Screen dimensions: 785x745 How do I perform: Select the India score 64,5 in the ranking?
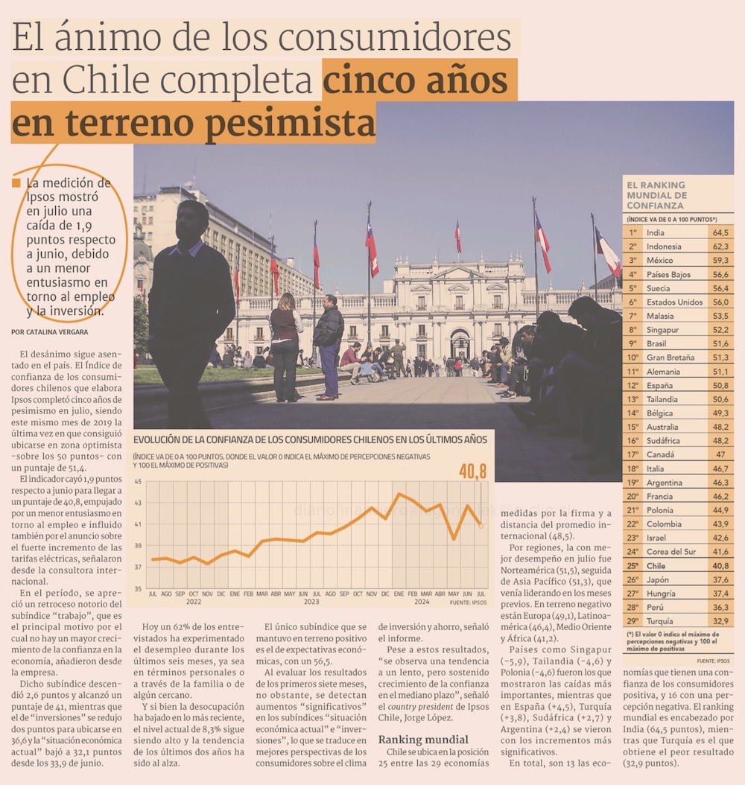pyautogui.click(x=720, y=232)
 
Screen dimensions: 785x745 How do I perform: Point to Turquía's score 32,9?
pyautogui.click(x=720, y=621)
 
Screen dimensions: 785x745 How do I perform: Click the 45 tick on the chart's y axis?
pyautogui.click(x=138, y=481)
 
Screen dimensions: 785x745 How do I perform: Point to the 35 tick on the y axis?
pyautogui.click(x=138, y=588)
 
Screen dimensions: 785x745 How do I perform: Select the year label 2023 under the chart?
pyautogui.click(x=311, y=602)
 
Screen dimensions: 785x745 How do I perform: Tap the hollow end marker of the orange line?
pyautogui.click(x=481, y=526)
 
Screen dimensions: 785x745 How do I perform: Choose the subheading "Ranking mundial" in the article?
pyautogui.click(x=423, y=740)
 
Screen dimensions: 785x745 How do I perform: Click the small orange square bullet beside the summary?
pyautogui.click(x=16, y=183)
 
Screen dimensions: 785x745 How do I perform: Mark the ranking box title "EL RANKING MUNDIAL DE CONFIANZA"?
pyautogui.click(x=656, y=195)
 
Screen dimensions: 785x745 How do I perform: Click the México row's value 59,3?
pyautogui.click(x=720, y=260)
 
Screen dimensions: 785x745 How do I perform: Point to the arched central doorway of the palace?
pyautogui.click(x=460, y=343)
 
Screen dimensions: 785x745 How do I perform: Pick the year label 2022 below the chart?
pyautogui.click(x=194, y=602)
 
